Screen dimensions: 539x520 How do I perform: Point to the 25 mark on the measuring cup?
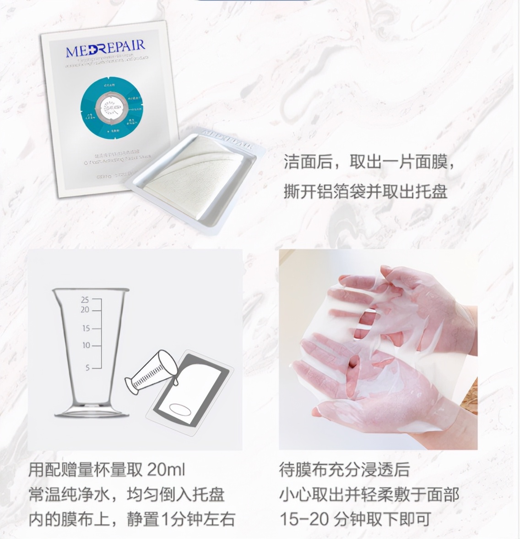(85, 300)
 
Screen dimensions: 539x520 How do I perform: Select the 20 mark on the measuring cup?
(85, 310)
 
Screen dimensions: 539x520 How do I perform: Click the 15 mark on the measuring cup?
(86, 328)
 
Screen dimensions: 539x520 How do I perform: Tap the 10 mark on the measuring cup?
(86, 345)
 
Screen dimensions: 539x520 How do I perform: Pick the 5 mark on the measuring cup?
(88, 368)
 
